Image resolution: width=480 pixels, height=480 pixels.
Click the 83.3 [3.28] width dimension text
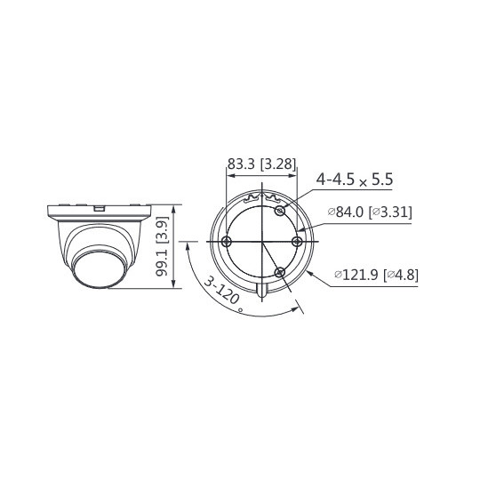coord(261,164)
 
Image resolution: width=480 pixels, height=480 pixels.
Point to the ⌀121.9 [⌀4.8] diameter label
coord(376,275)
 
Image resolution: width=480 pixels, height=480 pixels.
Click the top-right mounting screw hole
coord(281,211)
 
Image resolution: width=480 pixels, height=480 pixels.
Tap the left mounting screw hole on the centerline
coord(228,241)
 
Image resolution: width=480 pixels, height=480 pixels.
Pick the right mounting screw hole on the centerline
coord(298,241)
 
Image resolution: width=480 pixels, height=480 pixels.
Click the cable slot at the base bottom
coord(262,288)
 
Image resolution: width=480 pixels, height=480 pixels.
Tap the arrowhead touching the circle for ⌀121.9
coord(308,268)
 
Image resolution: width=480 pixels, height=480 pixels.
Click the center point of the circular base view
coord(262,241)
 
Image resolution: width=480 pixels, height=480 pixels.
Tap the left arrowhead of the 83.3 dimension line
coord(231,175)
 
